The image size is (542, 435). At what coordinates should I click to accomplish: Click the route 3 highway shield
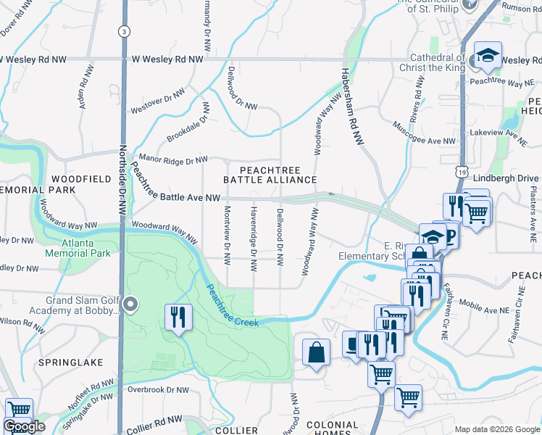coord(125,32)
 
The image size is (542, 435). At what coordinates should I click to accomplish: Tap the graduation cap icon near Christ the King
coord(488,56)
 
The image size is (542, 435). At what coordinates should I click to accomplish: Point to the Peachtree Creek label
coord(232,304)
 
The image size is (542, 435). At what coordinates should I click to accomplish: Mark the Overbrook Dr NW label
coord(157,389)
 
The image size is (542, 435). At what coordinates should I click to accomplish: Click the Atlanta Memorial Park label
coord(78,249)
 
